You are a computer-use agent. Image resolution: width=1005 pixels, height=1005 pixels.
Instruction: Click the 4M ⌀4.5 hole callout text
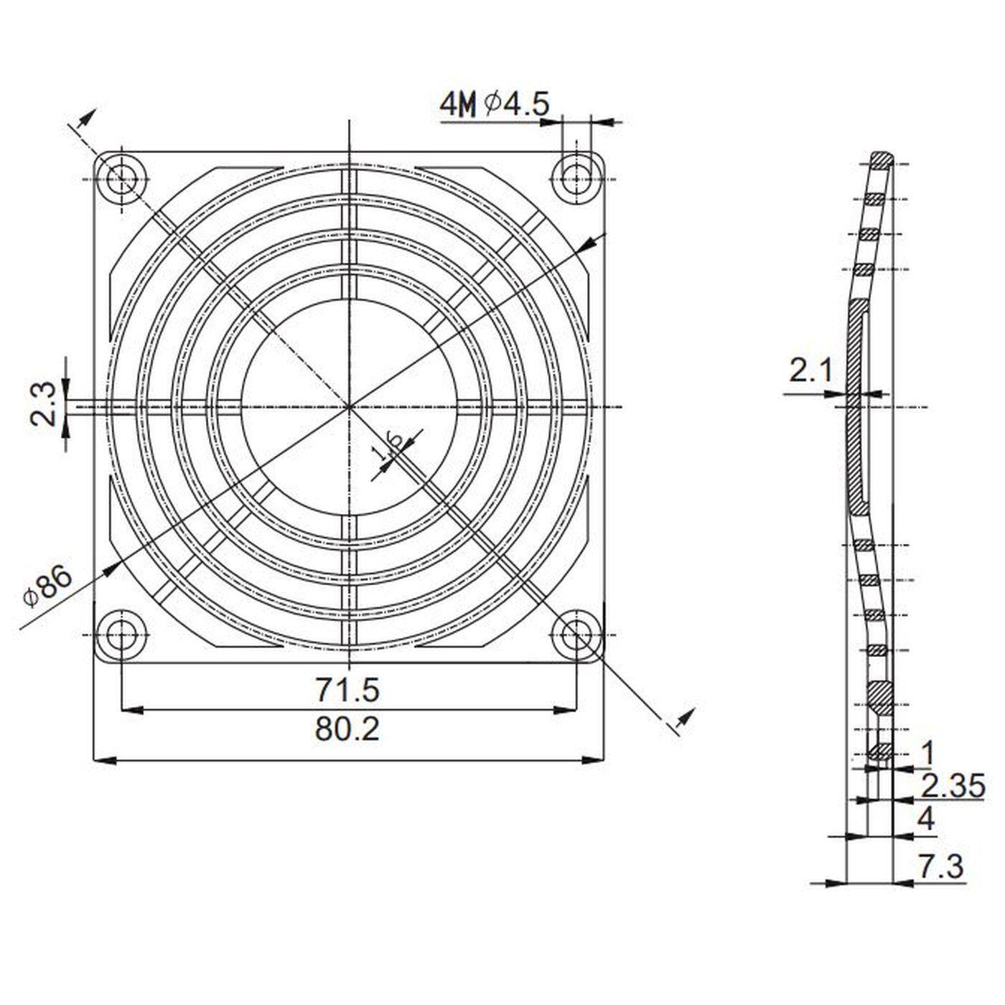(x=495, y=105)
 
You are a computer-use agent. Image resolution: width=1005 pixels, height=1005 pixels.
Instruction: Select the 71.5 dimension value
(x=347, y=690)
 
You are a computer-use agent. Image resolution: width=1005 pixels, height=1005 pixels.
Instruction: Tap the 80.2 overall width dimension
(x=347, y=729)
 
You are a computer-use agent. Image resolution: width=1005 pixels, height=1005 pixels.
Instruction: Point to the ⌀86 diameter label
(x=49, y=586)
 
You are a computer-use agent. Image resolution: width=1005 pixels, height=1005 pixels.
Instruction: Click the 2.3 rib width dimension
(x=43, y=404)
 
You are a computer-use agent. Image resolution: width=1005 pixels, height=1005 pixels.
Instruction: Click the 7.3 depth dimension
(x=940, y=866)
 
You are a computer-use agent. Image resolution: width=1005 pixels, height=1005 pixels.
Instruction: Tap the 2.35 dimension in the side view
(x=953, y=787)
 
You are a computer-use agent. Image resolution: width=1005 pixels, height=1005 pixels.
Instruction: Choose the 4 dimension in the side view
(x=927, y=819)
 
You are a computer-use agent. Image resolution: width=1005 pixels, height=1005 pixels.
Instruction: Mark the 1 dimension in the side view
(x=927, y=754)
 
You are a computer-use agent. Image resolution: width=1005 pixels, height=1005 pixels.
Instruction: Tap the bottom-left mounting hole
(x=121, y=635)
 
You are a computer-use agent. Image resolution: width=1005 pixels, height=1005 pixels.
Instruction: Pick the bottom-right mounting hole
(x=576, y=635)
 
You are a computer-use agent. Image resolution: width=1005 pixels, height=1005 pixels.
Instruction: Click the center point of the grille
(x=350, y=406)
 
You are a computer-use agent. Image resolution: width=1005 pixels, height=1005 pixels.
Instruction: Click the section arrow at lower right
(x=686, y=718)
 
